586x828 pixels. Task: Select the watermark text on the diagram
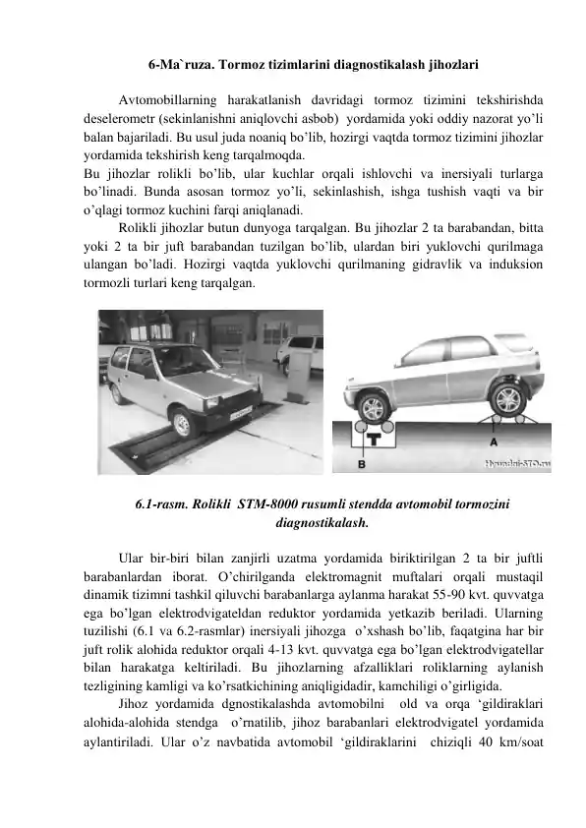(x=512, y=462)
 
